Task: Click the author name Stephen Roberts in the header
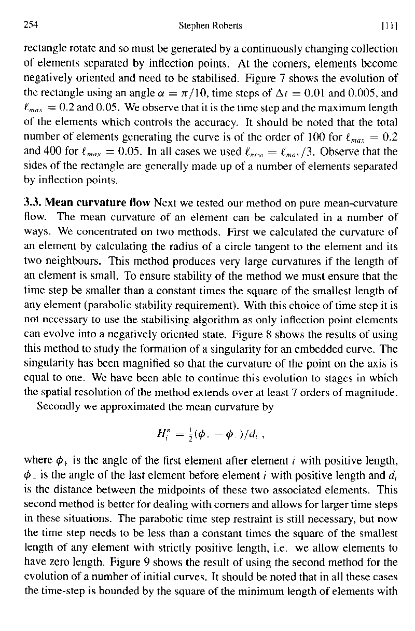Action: [x=211, y=25]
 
